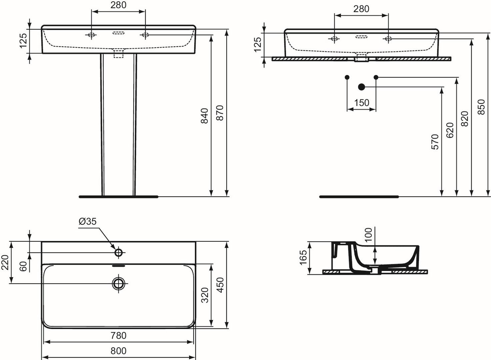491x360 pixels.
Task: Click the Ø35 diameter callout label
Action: coord(88,221)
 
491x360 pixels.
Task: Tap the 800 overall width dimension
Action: coord(118,351)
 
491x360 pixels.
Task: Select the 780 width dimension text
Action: coord(118,335)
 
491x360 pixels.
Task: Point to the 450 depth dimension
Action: coord(220,285)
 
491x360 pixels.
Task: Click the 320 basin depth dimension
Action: coord(205,295)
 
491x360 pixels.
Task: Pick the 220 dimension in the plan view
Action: coord(5,262)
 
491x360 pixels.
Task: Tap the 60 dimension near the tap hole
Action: coord(23,266)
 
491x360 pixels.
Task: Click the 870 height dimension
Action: coord(220,113)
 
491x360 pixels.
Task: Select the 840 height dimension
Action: coord(205,116)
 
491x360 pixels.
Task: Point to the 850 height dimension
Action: coord(481,107)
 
